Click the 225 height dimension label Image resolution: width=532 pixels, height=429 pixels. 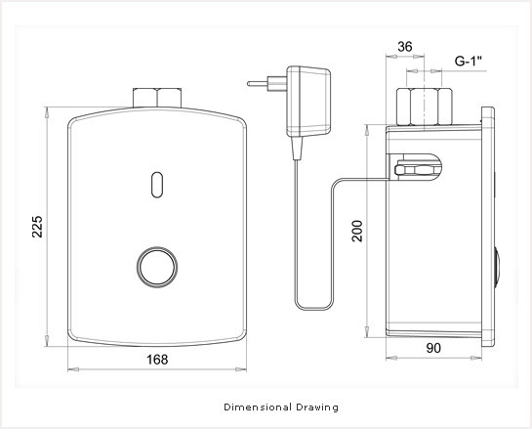(37, 226)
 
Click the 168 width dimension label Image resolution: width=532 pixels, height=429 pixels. (157, 360)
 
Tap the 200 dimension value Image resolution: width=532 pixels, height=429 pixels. (357, 231)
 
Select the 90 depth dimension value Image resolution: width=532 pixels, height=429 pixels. (433, 348)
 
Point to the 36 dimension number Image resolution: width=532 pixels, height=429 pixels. (405, 47)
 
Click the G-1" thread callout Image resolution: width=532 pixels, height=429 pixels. (469, 62)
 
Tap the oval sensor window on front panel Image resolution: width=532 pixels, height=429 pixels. (157, 185)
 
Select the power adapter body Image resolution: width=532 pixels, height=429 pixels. (308, 102)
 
